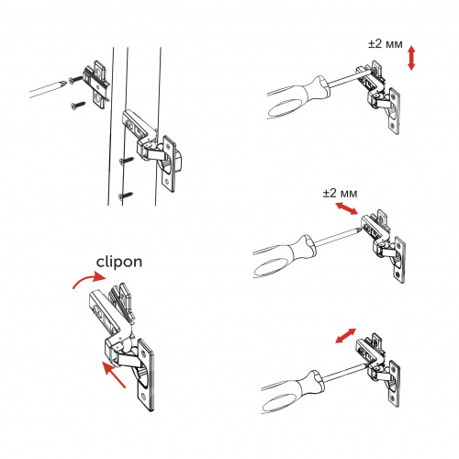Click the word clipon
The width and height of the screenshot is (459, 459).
coord(119,263)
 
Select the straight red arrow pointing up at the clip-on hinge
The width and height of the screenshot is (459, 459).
coord(114,375)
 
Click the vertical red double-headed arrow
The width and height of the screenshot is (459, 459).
coord(411,58)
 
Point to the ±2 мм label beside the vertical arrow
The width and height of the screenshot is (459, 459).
coord(386,44)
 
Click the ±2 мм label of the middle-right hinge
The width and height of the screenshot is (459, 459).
coord(340,193)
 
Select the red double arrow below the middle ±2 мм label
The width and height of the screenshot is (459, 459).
coord(346,209)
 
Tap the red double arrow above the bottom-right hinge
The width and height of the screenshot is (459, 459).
coord(345,335)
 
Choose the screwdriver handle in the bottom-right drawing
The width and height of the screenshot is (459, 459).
coord(292,392)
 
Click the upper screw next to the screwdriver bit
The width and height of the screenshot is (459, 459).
coord(76,80)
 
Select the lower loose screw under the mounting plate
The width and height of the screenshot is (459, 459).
coord(79,106)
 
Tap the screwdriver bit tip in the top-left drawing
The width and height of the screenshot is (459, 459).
coord(63,83)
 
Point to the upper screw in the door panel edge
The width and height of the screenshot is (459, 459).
coord(127,161)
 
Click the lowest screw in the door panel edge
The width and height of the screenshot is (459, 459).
coord(126,196)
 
